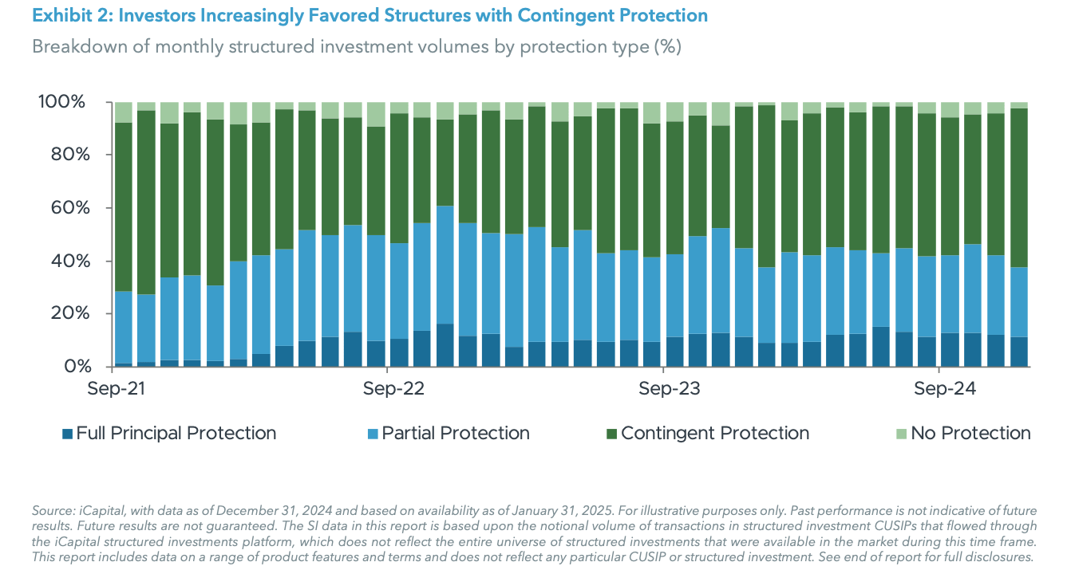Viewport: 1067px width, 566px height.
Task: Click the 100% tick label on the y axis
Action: click(61, 102)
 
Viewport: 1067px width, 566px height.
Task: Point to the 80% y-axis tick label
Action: click(65, 155)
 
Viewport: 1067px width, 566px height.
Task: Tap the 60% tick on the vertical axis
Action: click(65, 208)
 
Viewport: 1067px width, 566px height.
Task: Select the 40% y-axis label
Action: click(65, 261)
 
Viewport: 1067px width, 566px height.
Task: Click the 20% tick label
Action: click(65, 313)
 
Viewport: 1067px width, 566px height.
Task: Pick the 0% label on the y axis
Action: click(70, 367)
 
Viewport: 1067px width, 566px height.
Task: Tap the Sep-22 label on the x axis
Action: click(393, 389)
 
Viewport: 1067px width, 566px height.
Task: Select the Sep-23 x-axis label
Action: click(670, 389)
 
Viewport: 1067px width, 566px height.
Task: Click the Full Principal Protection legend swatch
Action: click(68, 434)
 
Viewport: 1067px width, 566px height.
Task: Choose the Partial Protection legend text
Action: click(455, 433)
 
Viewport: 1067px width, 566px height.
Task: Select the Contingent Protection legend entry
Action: click(714, 433)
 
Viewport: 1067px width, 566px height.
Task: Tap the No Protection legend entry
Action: click(970, 433)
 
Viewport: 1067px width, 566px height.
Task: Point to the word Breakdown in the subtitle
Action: click(77, 46)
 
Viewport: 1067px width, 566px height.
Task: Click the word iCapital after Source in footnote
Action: click(95, 510)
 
